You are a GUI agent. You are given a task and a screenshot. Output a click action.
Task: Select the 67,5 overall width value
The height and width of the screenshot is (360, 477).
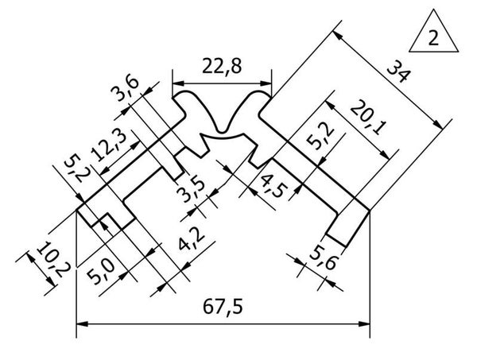pyautogui.click(x=223, y=307)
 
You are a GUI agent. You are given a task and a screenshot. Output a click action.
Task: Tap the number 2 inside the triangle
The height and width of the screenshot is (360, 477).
pyautogui.click(x=433, y=38)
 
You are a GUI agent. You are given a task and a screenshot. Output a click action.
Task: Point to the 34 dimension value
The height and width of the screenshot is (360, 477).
pyautogui.click(x=398, y=72)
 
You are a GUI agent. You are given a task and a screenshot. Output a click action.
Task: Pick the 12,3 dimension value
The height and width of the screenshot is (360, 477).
pyautogui.click(x=109, y=146)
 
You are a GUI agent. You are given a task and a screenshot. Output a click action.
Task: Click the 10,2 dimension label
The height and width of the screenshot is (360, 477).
pyautogui.click(x=54, y=259)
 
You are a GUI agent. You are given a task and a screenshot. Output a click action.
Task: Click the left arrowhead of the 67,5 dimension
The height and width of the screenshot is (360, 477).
pyautogui.click(x=82, y=324)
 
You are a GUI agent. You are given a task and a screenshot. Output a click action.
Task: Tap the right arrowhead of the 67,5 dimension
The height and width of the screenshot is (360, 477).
pyautogui.click(x=364, y=324)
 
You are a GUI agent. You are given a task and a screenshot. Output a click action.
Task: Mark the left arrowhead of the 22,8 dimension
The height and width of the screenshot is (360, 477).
pyautogui.click(x=179, y=83)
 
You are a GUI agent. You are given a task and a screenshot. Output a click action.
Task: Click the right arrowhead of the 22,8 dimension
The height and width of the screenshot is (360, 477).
pyautogui.click(x=266, y=83)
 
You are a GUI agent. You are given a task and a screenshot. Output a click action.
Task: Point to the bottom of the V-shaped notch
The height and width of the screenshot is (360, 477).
pyautogui.click(x=223, y=132)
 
